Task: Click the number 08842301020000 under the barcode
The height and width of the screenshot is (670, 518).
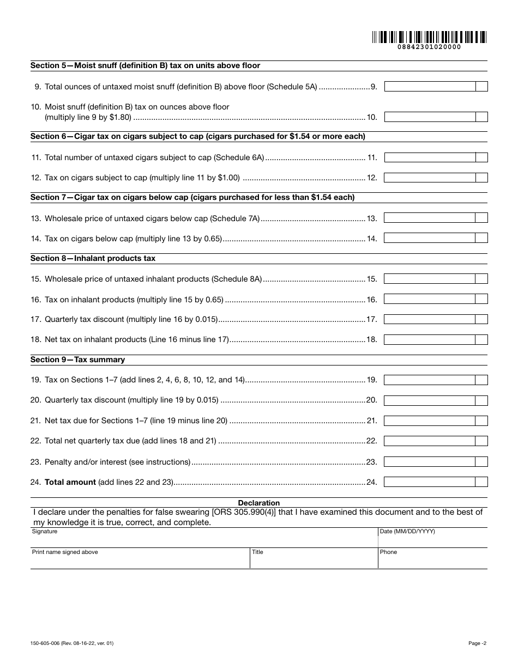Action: pyautogui.click(x=429, y=47)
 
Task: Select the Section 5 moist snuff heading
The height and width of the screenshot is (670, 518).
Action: pyautogui.click(x=145, y=65)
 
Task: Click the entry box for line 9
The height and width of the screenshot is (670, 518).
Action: pyautogui.click(x=430, y=86)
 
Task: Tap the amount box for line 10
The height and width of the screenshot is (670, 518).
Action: pyautogui.click(x=430, y=117)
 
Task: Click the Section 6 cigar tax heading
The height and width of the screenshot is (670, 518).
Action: pyautogui.click(x=197, y=136)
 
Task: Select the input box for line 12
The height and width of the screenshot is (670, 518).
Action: pyautogui.click(x=430, y=178)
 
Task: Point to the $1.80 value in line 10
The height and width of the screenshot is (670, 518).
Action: pyautogui.click(x=119, y=117)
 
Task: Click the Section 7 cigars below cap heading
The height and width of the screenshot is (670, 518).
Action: pyautogui.click(x=192, y=197)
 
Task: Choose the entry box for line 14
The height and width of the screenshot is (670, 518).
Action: pyautogui.click(x=430, y=238)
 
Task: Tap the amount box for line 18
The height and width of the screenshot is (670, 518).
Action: pyautogui.click(x=430, y=339)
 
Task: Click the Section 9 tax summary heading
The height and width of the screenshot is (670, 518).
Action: pyautogui.click(x=77, y=360)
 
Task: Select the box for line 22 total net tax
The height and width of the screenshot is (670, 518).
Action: pyautogui.click(x=430, y=441)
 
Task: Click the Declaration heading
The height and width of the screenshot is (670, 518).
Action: pyautogui.click(x=259, y=503)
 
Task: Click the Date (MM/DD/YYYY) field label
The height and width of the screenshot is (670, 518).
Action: pyautogui.click(x=407, y=531)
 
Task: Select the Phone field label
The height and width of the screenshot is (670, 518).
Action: pyautogui.click(x=388, y=552)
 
